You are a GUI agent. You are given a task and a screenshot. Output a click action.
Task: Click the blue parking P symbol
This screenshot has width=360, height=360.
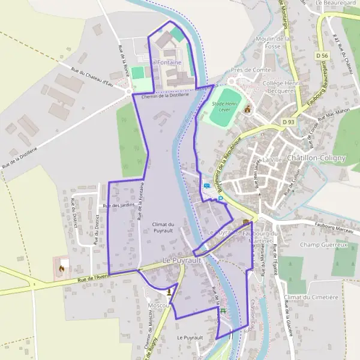coord(220,199)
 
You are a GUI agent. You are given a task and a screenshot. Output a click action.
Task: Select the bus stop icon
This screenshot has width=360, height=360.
coord(207,185)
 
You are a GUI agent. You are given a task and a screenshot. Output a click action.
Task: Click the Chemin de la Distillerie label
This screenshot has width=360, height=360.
coord(166,95)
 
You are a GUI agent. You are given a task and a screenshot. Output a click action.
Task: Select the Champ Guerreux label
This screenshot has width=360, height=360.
coord(324,245)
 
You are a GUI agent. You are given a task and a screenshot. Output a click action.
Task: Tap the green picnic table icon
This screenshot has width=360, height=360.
coord(223,310)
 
